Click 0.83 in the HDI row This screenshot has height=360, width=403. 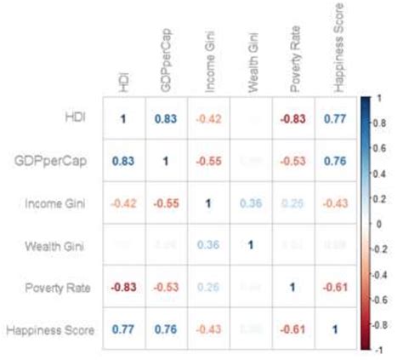[165, 117]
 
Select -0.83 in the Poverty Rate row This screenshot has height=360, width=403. [122, 286]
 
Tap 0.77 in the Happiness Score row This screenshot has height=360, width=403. [122, 329]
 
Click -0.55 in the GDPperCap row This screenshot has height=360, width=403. [207, 160]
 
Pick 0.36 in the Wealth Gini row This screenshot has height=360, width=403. [207, 244]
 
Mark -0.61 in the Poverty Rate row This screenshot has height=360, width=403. [334, 286]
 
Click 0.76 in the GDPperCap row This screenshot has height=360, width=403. [334, 160]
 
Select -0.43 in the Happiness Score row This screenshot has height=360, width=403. [207, 329]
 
